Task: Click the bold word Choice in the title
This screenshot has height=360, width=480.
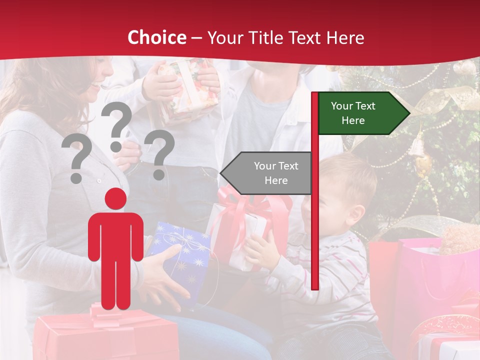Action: click(x=156, y=38)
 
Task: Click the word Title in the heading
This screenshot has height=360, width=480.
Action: click(x=266, y=38)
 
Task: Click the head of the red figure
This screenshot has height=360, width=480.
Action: click(x=115, y=198)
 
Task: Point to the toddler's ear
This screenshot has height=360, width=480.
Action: click(x=356, y=213)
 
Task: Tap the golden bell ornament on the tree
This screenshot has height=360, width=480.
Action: click(x=417, y=150)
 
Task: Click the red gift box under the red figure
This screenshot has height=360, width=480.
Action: click(x=105, y=335)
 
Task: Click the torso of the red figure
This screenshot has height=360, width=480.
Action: click(x=115, y=235)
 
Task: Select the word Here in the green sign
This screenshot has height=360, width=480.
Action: click(x=353, y=120)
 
